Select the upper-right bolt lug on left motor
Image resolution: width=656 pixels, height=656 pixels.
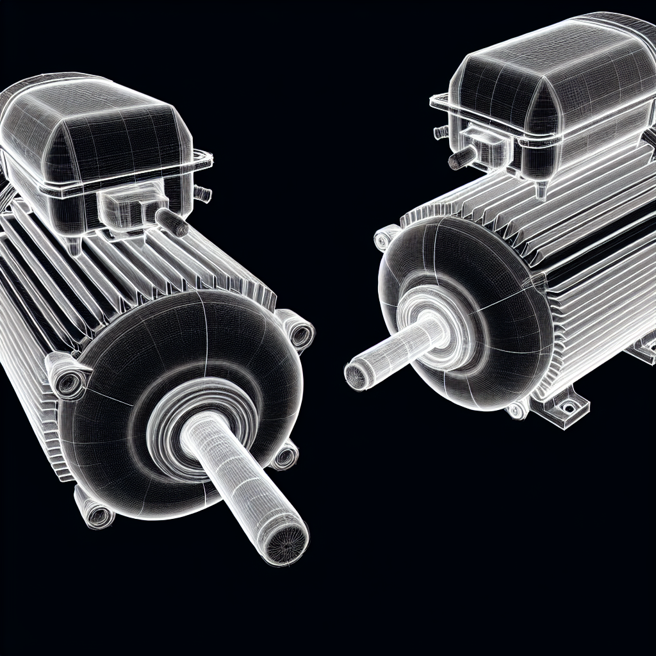(x=297, y=329)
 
